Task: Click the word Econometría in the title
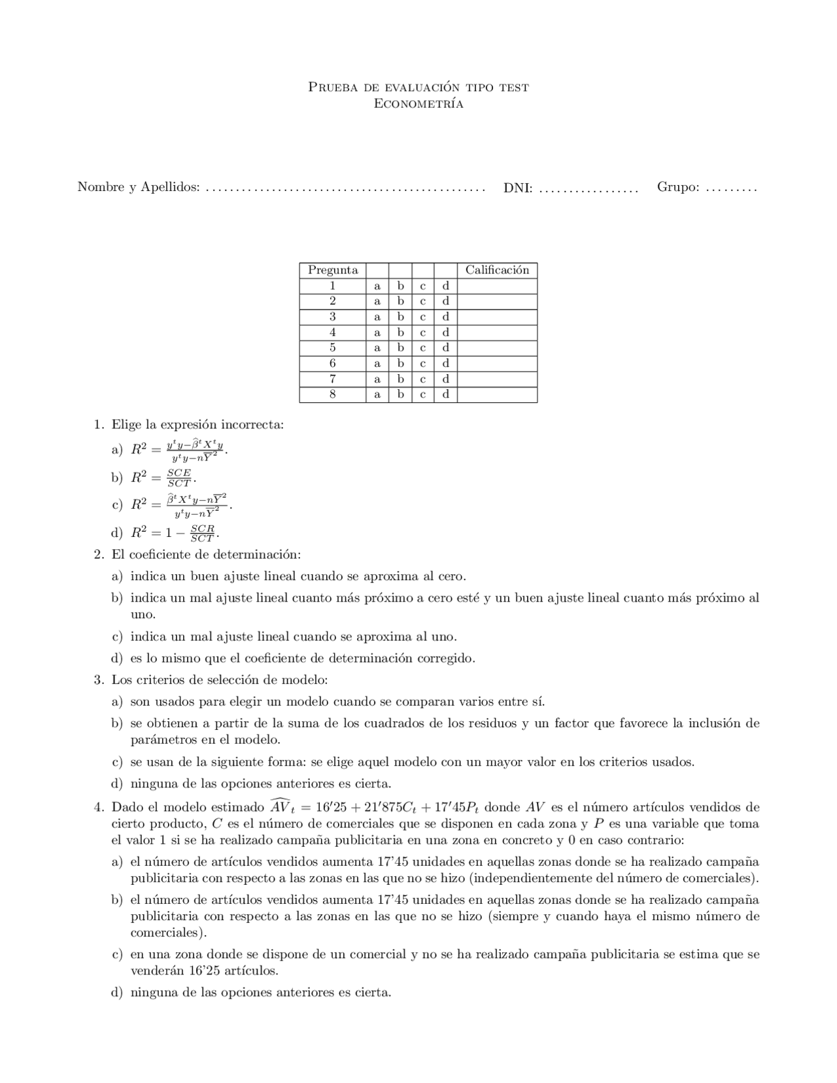(418, 104)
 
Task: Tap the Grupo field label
(678, 187)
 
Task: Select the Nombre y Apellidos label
(138, 188)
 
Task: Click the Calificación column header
(497, 270)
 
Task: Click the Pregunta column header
(333, 270)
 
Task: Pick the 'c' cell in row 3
(423, 317)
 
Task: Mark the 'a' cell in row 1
(377, 286)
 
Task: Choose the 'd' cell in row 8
(445, 394)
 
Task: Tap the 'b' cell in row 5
(400, 348)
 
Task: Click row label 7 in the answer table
(333, 379)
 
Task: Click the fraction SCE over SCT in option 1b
(179, 478)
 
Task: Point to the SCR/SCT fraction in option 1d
(202, 533)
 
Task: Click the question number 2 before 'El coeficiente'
(98, 555)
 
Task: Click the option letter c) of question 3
(117, 762)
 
